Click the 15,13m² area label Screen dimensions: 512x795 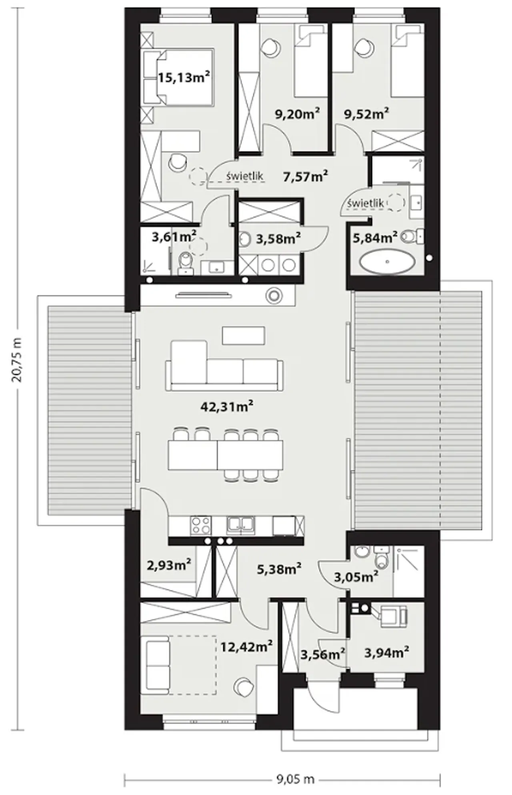coord(184,77)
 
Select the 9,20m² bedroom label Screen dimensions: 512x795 coord(297,114)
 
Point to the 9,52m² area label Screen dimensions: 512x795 coord(367,114)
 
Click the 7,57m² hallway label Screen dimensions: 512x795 coord(306,176)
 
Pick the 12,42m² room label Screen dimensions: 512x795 coord(247,646)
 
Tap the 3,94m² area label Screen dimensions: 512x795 coord(386,652)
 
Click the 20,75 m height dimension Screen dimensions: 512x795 coord(17,360)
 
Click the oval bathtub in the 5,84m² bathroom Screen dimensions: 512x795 coord(387,262)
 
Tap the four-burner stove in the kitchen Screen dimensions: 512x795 coord(201,526)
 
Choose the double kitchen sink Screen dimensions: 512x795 coord(240,526)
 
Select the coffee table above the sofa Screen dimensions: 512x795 coord(244,336)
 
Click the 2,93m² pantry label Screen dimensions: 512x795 coord(169,565)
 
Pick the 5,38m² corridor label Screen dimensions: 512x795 coord(279,569)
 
